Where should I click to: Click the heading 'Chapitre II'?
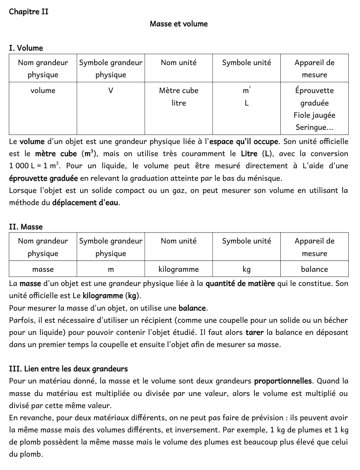click(x=29, y=12)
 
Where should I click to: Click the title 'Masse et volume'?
click(x=178, y=24)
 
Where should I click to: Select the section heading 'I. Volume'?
click(x=26, y=48)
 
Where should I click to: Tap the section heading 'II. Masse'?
click(x=26, y=227)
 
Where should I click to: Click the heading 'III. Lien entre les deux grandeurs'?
click(x=68, y=369)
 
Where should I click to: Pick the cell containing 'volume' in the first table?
click(x=43, y=91)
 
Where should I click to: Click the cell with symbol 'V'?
click(x=110, y=91)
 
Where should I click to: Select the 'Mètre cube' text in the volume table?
click(x=178, y=91)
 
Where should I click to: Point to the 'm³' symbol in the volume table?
click(x=246, y=91)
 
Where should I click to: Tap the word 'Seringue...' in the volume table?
click(x=314, y=127)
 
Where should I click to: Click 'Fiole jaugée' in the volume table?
click(x=314, y=115)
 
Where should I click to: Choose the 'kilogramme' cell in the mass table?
click(x=178, y=269)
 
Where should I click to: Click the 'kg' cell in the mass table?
click(x=246, y=269)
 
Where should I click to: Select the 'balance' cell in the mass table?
click(x=314, y=269)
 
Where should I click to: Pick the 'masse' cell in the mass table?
click(x=43, y=269)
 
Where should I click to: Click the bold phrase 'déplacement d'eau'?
click(x=86, y=203)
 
